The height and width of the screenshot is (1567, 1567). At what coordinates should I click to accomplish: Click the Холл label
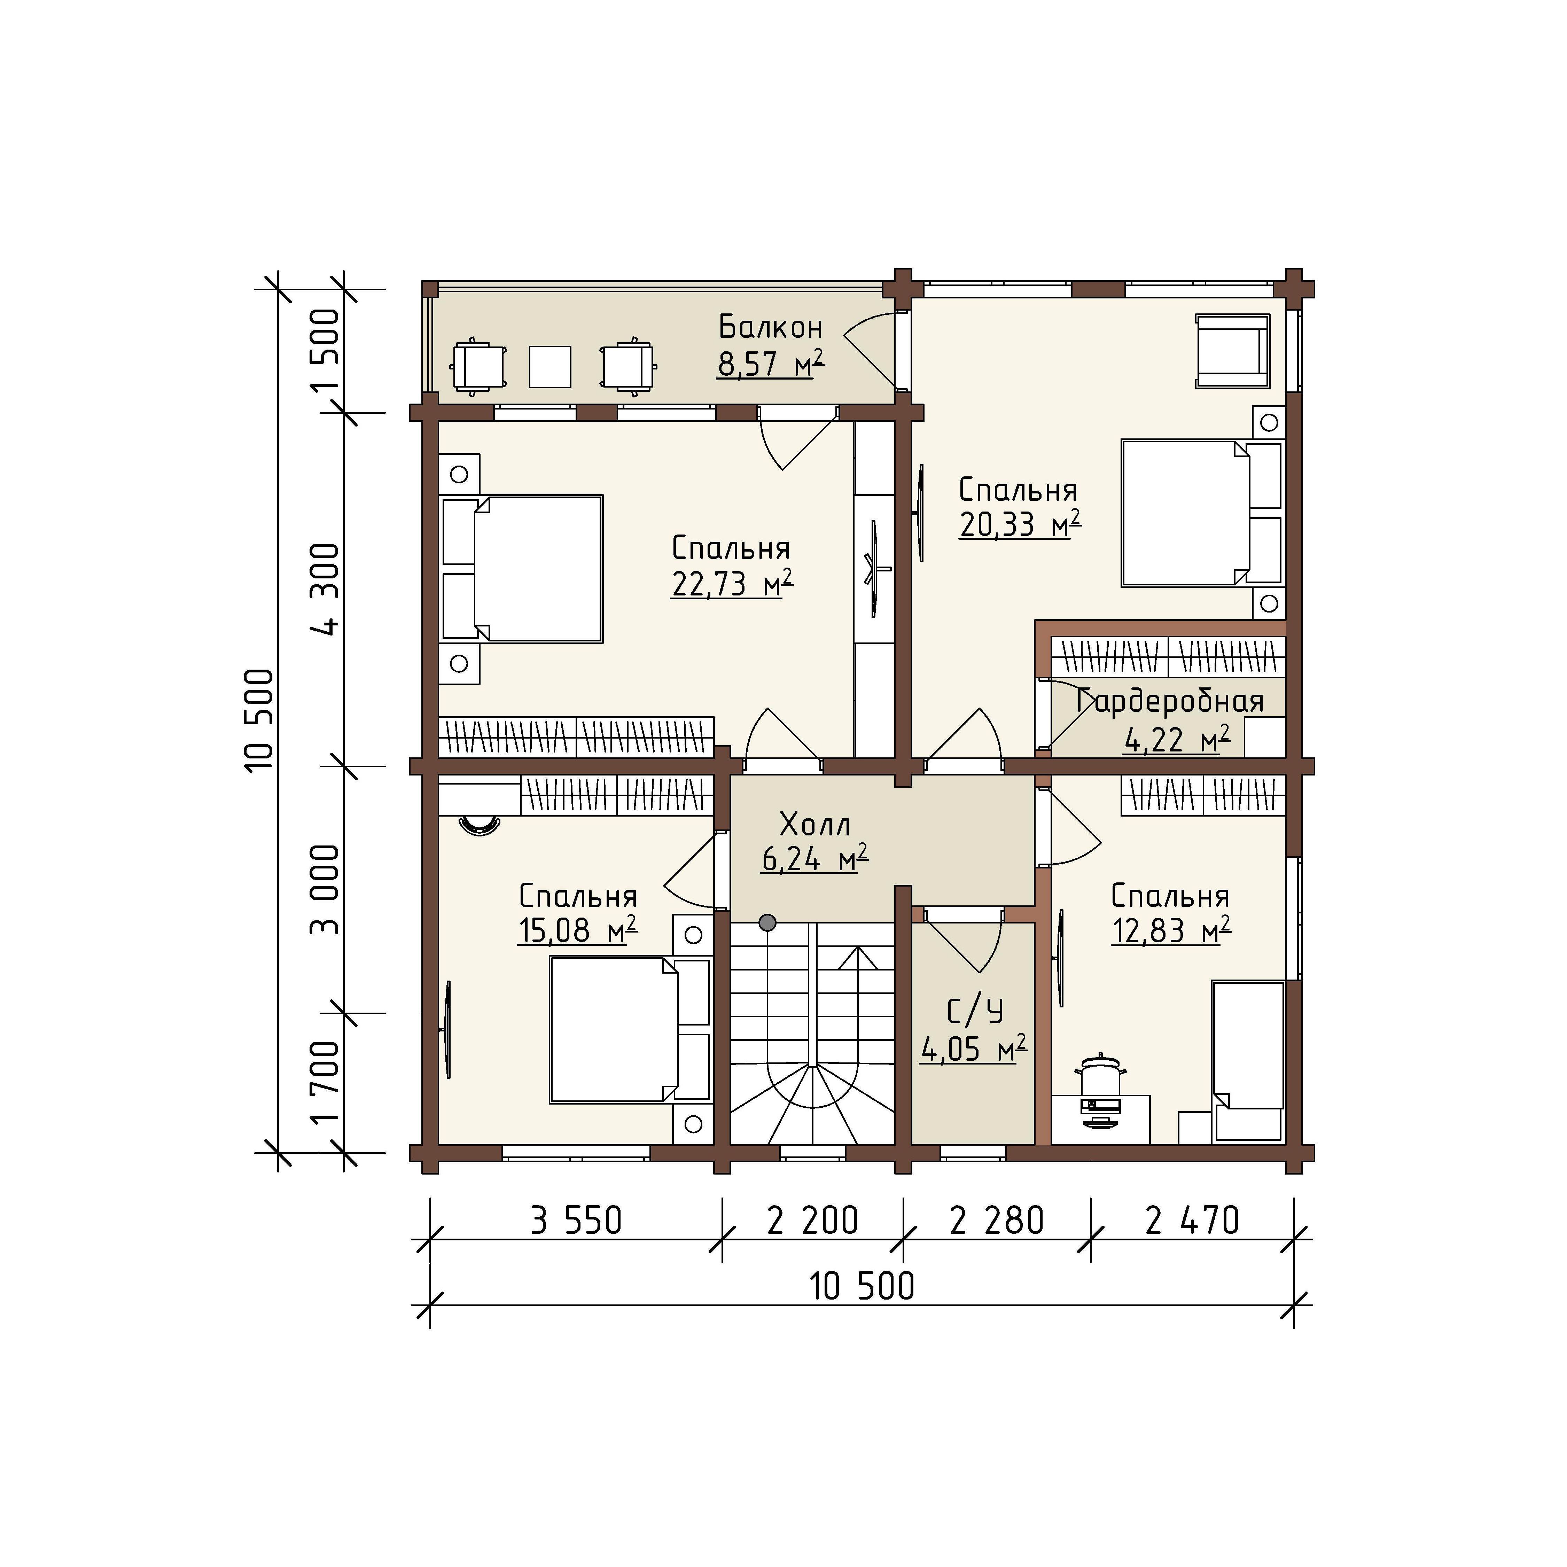815,825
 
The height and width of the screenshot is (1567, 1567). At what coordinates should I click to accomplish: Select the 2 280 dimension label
997,1221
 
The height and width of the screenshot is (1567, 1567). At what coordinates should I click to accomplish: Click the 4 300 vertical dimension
326,589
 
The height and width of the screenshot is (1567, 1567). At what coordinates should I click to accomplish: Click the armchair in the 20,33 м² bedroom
1232,351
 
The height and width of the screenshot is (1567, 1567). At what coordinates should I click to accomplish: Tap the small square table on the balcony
550,367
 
